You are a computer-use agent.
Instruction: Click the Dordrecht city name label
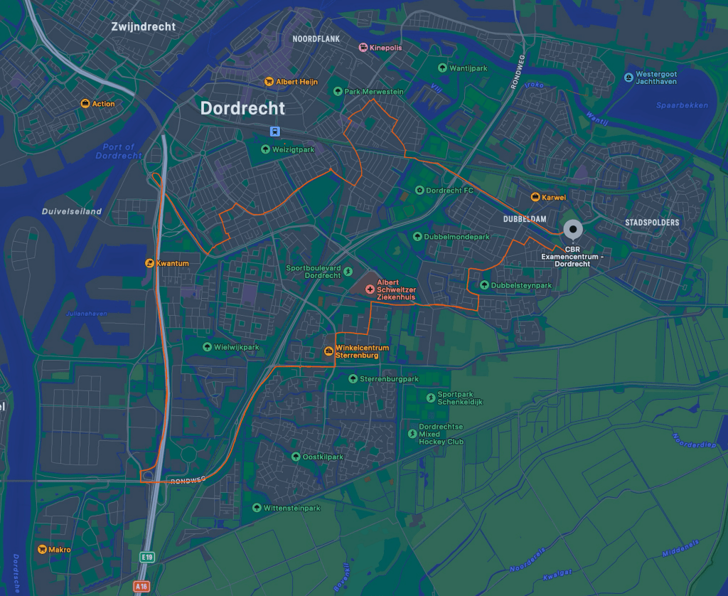coord(242,108)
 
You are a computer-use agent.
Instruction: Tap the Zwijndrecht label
coord(143,27)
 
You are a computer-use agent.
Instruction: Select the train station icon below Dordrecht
coord(274,131)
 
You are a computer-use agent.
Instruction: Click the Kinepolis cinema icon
coord(363,48)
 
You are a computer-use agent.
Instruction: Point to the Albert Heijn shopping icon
coord(269,82)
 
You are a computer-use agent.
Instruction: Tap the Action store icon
coord(85,104)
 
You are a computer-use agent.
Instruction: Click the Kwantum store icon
coord(149,263)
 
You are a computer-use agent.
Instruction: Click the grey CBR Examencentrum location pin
coord(572,230)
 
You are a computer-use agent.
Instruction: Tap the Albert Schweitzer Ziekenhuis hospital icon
coord(370,289)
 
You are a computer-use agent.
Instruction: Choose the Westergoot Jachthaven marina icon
coord(628,77)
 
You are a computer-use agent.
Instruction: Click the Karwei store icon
coord(535,197)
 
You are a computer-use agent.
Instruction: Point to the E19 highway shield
coord(147,558)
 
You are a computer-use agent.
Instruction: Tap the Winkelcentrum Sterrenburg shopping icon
coord(328,351)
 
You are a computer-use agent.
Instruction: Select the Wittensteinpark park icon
coord(257,508)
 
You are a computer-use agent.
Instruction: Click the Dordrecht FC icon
coord(419,191)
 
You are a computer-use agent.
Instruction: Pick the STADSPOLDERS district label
coord(652,223)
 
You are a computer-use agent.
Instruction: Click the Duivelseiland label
coord(72,211)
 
